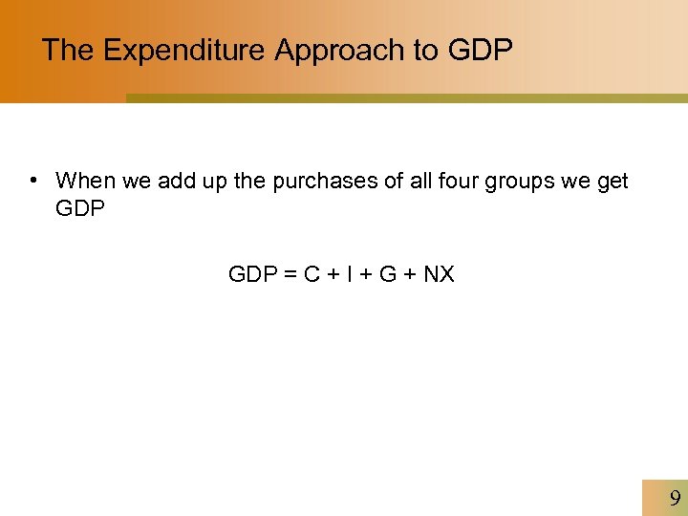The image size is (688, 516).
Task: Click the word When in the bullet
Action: pos(86,181)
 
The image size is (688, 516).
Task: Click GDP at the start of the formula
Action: pos(250,275)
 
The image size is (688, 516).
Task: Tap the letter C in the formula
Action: pos(312,275)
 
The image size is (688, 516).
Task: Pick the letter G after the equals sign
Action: pos(388,275)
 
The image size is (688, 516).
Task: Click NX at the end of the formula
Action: pos(439,275)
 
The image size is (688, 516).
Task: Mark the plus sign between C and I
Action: pos(333,275)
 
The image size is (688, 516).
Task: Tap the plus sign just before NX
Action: pos(411,275)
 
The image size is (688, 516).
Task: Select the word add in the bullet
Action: pos(176,181)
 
